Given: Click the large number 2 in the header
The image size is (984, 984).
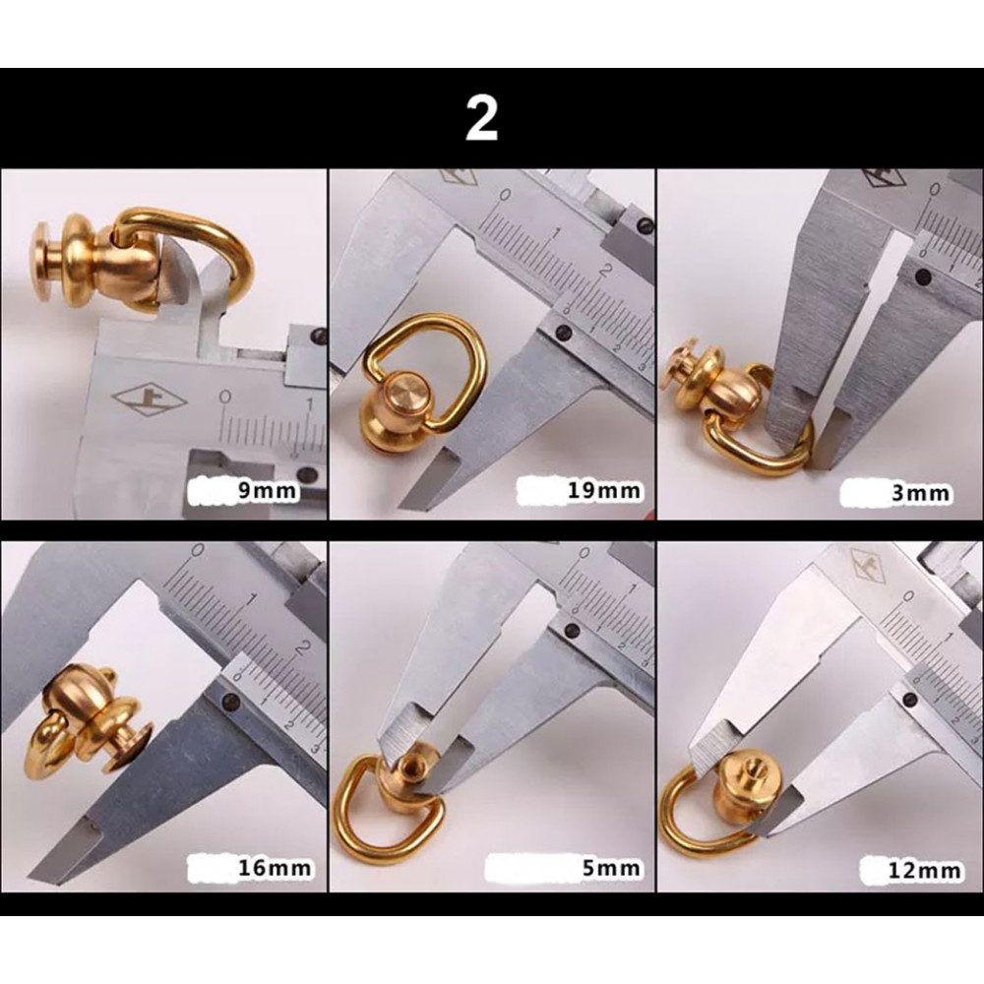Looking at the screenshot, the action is pos(481,118).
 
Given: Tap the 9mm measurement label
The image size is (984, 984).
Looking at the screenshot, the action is pos(266,489).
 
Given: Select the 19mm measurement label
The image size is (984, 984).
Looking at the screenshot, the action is pos(604,489).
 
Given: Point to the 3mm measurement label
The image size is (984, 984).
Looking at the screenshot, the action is pos(920,493).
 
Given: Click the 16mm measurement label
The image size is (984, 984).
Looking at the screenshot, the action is pos(275,868).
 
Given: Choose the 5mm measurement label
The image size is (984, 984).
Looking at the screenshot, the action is pos(611,868).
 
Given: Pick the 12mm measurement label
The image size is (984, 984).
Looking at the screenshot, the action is pos(924,871).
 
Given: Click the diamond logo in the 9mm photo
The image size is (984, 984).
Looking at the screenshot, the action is pos(141,400).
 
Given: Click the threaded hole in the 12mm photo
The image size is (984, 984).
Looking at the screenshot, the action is pos(751,767).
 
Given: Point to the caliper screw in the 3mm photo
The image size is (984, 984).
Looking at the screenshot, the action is pos(923,276).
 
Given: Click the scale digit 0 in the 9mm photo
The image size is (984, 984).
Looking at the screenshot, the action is pos(226,397).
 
